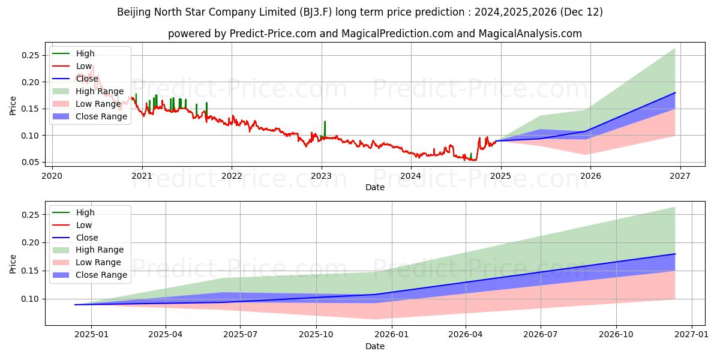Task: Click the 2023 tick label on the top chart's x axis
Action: click(321, 176)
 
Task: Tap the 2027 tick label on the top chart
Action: click(680, 176)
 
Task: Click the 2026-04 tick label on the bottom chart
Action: click(466, 335)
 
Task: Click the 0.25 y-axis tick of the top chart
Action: click(29, 55)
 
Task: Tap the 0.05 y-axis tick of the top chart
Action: click(29, 162)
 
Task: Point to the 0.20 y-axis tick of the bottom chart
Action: click(29, 242)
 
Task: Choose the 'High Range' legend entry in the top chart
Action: click(100, 91)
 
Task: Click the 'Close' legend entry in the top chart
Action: click(87, 79)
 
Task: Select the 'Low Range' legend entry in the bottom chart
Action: click(98, 262)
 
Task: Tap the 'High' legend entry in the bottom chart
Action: click(85, 212)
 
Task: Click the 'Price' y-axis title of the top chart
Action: click(13, 106)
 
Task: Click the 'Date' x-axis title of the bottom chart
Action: click(375, 347)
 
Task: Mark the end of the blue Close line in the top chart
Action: click(675, 93)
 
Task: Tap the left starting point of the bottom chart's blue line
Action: click(75, 305)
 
